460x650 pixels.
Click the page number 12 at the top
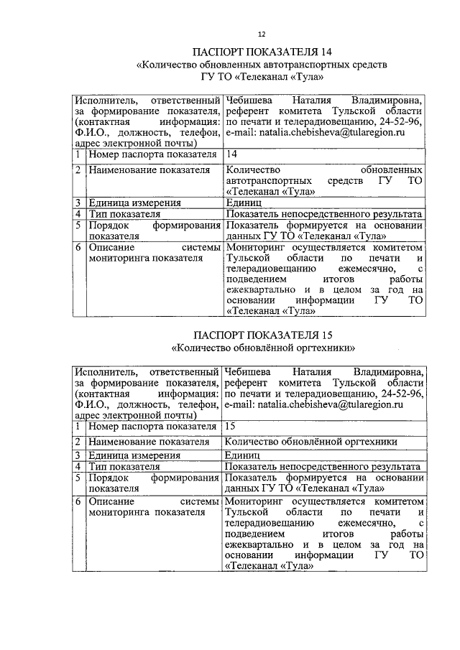[262, 34]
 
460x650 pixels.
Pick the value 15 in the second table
[231, 427]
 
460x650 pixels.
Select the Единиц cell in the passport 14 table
[244, 203]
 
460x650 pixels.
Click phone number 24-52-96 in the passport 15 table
[403, 394]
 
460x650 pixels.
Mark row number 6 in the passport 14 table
[78, 248]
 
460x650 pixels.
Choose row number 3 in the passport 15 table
[78, 455]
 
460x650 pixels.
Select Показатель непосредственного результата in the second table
[322, 467]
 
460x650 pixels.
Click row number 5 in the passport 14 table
[78, 225]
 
